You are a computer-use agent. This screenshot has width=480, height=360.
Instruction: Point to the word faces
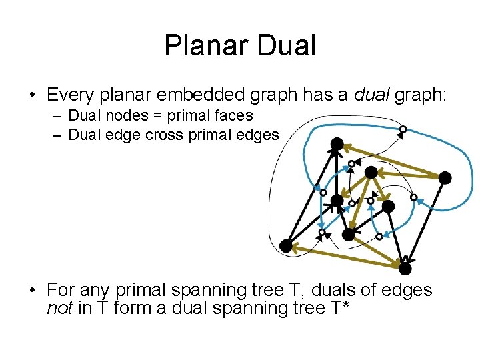tap(232, 116)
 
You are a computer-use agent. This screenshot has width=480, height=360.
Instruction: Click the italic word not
tap(59, 309)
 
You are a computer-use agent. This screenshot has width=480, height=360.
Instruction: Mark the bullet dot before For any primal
tap(32, 291)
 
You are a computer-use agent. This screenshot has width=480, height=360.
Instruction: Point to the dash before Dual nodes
tap(57, 116)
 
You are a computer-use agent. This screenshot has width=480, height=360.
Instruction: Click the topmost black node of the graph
tap(337, 143)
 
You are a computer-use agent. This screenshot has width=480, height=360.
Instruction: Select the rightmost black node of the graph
tap(445, 177)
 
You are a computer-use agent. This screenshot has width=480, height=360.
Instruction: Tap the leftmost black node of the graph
tap(286, 246)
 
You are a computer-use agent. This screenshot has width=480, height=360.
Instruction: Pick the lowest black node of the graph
tap(405, 268)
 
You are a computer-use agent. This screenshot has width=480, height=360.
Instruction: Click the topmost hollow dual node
tap(403, 129)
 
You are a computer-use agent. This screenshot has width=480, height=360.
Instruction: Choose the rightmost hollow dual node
tap(413, 197)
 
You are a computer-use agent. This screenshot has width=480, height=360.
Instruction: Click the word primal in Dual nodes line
tap(188, 116)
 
